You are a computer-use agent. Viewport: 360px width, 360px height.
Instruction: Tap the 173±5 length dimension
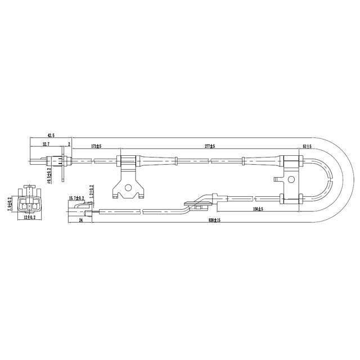(x=96, y=146)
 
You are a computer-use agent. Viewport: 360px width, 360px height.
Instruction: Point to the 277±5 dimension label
(x=210, y=146)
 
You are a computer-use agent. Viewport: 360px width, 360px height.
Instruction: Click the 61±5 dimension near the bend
(x=308, y=146)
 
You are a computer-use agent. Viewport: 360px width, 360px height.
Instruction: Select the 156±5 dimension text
(x=258, y=208)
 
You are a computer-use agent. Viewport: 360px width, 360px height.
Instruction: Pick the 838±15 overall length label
(x=213, y=220)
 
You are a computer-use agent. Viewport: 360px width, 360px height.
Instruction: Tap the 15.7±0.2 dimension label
(x=76, y=199)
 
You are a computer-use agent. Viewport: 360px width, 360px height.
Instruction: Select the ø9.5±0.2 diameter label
(x=49, y=176)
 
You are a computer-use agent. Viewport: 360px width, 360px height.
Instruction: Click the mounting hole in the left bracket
(x=128, y=188)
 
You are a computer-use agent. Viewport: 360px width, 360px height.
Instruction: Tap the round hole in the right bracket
(x=291, y=179)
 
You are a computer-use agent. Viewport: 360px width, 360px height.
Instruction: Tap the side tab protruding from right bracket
(x=277, y=180)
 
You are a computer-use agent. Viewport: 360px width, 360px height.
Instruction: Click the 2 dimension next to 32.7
(x=69, y=145)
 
